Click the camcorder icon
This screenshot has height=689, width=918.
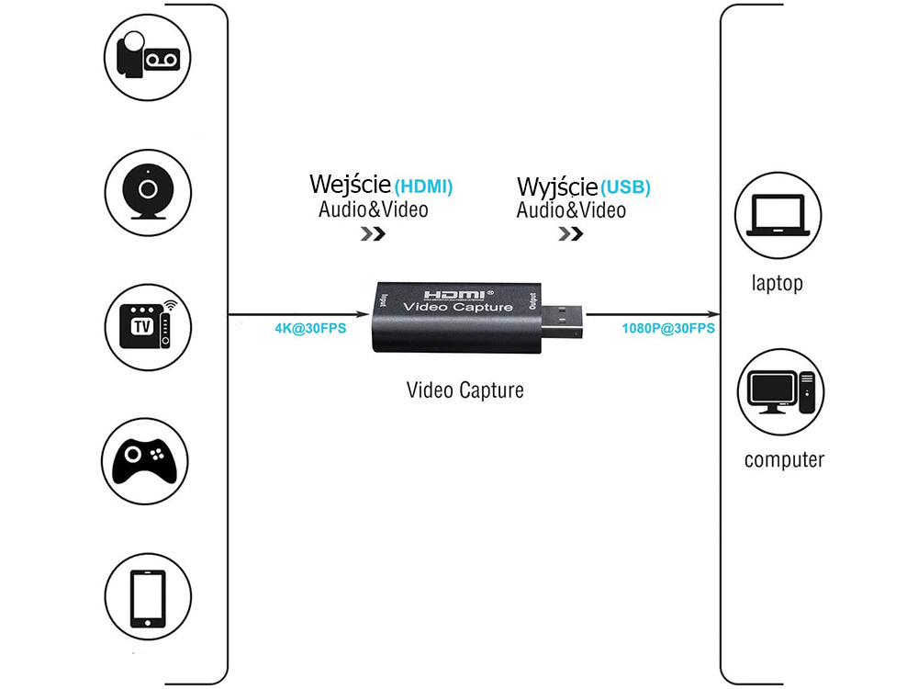[147, 56]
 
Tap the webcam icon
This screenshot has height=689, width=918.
[147, 190]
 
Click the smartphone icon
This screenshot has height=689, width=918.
[147, 596]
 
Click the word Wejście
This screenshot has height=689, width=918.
[351, 185]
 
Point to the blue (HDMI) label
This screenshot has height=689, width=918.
[423, 186]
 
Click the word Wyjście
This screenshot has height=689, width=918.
[557, 186]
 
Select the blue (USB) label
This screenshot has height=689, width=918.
[626, 187]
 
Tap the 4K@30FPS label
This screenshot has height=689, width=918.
[310, 328]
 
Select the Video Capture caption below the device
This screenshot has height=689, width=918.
[465, 390]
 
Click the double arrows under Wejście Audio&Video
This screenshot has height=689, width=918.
[372, 233]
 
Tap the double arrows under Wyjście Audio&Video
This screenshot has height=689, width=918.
[570, 234]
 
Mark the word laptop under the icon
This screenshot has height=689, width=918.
[777, 283]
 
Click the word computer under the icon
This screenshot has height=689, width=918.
[784, 459]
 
